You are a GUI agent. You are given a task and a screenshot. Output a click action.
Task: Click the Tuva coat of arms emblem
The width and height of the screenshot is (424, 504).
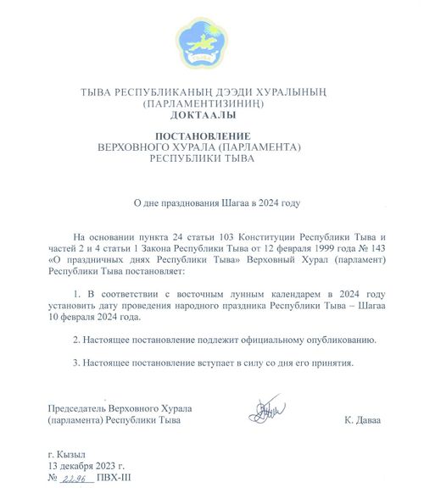pos(201,45)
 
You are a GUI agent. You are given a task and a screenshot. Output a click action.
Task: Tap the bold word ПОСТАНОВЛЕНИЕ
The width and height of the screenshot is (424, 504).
pos(202,136)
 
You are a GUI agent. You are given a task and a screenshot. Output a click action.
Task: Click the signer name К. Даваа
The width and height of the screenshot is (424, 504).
pos(363,419)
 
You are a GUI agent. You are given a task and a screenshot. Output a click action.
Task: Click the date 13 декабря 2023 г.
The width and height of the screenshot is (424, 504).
pos(86,465)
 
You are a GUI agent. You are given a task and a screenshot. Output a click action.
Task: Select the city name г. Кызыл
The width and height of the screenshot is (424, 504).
pos(68,453)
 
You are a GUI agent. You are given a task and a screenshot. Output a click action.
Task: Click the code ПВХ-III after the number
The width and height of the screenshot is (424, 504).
pos(114,478)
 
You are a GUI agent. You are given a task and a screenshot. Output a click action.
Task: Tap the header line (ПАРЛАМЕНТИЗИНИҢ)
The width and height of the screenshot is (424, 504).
pos(201,102)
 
